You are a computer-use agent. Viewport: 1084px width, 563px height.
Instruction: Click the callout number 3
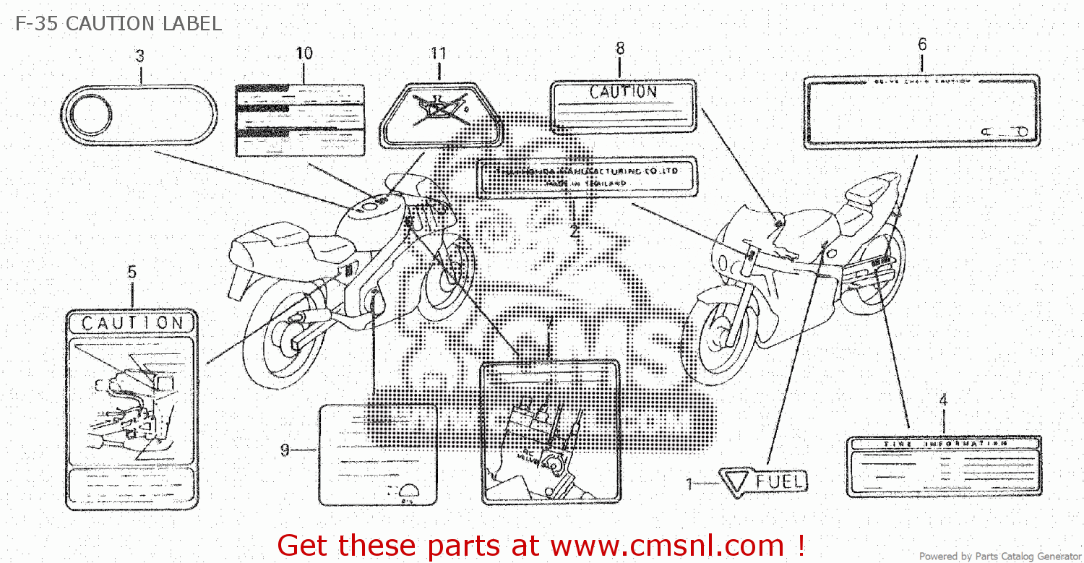tap(139, 56)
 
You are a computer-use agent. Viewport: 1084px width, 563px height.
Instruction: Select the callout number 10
tap(304, 53)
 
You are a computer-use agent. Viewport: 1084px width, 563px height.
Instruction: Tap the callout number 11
tap(438, 53)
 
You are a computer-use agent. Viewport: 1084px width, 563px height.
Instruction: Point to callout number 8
tap(619, 48)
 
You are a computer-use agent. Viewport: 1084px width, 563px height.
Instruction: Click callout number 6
tap(922, 44)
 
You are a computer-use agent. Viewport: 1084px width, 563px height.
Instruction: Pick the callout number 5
tap(132, 272)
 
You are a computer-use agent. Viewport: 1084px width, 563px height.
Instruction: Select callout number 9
tap(285, 450)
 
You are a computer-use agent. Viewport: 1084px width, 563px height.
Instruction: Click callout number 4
tap(942, 400)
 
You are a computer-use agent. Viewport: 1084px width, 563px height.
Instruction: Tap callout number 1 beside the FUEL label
tap(689, 484)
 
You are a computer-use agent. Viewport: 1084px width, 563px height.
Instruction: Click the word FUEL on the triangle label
tap(779, 481)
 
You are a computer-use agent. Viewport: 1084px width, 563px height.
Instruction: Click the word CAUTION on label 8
tap(623, 92)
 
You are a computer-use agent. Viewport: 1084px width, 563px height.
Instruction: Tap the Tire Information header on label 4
tap(945, 443)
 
